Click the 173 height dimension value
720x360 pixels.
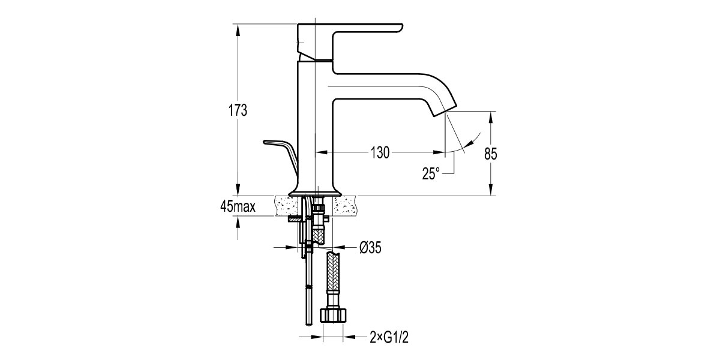tap(239, 110)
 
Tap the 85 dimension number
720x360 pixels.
tap(491, 154)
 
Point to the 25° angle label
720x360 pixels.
tap(431, 173)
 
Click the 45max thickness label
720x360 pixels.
tap(238, 207)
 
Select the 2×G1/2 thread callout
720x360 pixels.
tap(389, 338)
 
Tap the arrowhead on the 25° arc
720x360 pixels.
tap(475, 137)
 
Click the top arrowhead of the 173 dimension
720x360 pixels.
tap(239, 28)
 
